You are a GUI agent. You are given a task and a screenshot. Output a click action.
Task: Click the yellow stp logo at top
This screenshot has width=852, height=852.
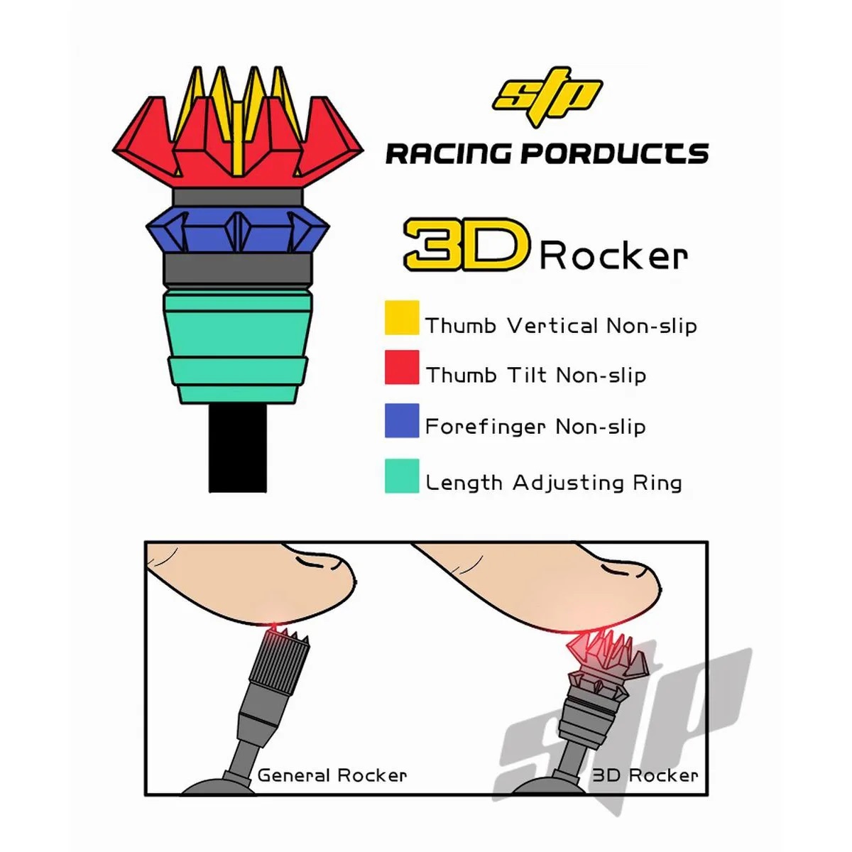tap(547, 96)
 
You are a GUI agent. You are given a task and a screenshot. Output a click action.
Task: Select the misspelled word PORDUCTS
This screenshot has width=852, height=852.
tap(615, 154)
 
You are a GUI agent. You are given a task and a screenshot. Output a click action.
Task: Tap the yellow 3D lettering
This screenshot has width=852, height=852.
tap(466, 244)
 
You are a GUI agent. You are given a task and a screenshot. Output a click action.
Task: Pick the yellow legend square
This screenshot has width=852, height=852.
tap(402, 317)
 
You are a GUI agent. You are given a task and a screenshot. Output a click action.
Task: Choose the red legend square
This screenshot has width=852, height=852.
tap(402, 367)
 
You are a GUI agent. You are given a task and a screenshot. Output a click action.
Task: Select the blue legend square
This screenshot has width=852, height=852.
tap(402, 420)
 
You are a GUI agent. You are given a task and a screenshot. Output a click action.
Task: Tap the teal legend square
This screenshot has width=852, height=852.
tap(402, 476)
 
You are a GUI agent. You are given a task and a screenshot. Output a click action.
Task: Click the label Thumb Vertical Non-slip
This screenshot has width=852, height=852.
tap(561, 326)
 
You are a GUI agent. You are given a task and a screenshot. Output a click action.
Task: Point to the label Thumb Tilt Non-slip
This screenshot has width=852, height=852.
tap(535, 376)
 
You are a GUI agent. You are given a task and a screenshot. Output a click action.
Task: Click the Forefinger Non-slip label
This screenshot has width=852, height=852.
tap(535, 427)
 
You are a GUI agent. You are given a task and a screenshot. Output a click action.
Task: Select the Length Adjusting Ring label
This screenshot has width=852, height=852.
tap(554, 483)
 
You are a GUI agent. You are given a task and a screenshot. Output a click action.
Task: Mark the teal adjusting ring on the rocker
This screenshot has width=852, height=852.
tap(238, 346)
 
